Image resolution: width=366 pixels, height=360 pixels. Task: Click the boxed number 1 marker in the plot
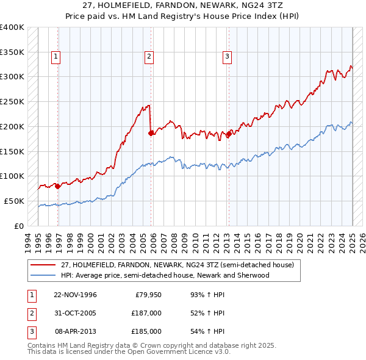(56, 57)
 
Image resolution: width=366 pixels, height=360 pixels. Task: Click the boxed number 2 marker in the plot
(149, 57)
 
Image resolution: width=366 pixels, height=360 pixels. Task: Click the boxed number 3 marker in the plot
(227, 57)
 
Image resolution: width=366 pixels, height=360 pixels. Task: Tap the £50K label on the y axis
(14, 201)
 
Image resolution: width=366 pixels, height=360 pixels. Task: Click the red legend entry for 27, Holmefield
(177, 265)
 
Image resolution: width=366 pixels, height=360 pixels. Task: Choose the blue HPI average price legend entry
(165, 275)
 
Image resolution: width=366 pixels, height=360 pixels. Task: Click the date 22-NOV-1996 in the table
(75, 295)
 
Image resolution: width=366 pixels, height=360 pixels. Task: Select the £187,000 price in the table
(146, 313)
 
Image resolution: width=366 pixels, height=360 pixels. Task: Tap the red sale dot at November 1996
(58, 186)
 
